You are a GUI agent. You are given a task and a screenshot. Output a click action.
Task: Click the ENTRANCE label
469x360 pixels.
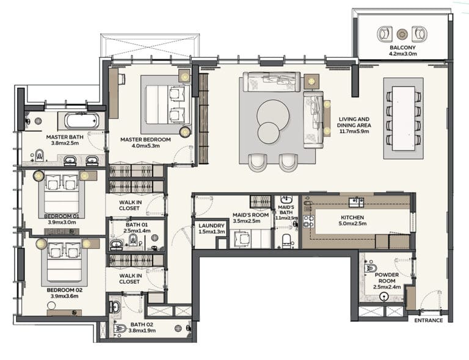(x=428, y=320)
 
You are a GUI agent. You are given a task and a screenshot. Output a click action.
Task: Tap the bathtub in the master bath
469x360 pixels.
(x=81, y=121)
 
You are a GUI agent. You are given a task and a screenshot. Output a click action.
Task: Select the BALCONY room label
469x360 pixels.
(x=402, y=48)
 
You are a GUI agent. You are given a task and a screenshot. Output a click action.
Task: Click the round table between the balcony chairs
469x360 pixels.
(x=402, y=34)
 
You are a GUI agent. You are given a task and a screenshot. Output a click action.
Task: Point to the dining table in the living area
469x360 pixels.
(x=404, y=118)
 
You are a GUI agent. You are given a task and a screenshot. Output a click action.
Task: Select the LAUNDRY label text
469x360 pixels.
(x=211, y=226)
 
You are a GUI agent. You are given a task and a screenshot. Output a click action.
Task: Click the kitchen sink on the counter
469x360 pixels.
(x=357, y=202)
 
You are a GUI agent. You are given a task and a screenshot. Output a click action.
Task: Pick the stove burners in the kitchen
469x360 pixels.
(x=308, y=221)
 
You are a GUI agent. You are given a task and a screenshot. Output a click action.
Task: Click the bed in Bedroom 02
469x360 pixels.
(x=64, y=261)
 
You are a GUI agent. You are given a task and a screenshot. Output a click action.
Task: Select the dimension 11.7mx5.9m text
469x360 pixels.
(x=354, y=131)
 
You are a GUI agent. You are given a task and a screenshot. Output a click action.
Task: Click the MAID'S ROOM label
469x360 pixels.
(x=250, y=215)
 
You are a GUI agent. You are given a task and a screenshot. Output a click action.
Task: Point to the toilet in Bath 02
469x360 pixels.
(x=120, y=329)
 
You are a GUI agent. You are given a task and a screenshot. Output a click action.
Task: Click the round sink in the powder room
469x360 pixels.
(x=384, y=297)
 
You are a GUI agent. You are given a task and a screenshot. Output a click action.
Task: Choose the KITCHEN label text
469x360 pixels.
(x=352, y=217)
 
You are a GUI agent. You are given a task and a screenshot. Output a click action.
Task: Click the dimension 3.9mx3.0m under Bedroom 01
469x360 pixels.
(x=62, y=222)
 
